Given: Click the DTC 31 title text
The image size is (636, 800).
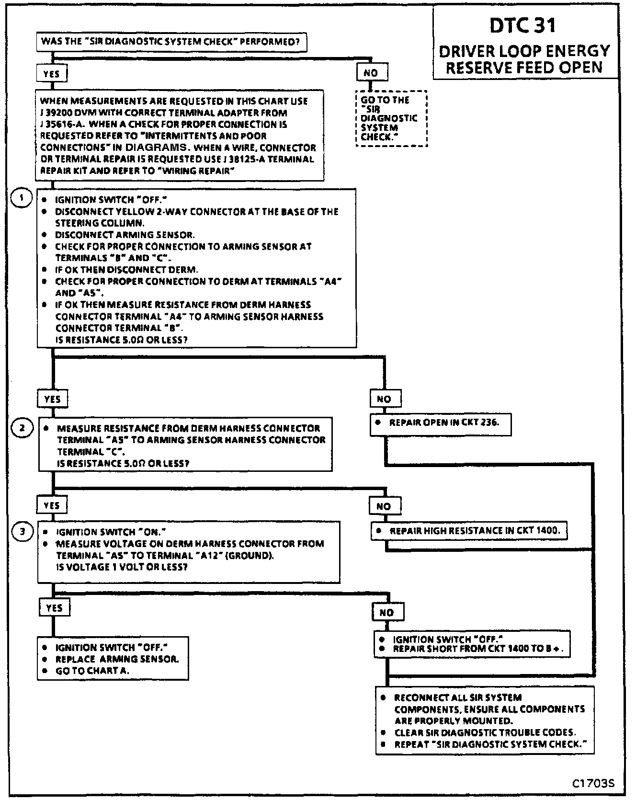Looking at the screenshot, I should pos(523,25).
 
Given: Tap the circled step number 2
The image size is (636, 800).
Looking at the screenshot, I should pos(22,428).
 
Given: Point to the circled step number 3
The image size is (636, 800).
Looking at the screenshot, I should pos(22,531).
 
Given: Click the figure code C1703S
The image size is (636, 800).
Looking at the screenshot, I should pos(593,784).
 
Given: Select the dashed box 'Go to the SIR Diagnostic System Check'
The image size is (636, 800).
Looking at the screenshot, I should pos(391,118).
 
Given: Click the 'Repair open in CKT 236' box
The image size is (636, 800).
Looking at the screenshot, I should pos(440,423).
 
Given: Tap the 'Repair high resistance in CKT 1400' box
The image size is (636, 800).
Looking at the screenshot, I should pos(469,531).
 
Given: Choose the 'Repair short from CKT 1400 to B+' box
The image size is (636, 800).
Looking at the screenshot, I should pos(473,644).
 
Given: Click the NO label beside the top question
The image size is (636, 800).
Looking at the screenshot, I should pos(371,73).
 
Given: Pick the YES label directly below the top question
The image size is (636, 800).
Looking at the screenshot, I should pos(51,74).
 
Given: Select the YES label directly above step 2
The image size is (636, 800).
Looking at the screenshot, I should pos(52,399).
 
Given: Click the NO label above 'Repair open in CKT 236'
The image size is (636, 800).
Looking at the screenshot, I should pos(384,399).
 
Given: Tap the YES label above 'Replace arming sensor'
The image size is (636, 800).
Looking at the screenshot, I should pos(54,608).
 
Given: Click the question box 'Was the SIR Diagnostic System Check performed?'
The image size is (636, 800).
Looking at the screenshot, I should pos(171,42).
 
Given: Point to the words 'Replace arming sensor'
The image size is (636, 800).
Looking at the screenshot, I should pos(117,659).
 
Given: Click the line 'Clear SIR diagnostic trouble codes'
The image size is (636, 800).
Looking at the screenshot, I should pos(485,732).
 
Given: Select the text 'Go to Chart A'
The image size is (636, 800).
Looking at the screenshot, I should pos(92,671).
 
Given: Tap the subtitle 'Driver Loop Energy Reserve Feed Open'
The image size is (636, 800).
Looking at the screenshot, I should pos(524,59).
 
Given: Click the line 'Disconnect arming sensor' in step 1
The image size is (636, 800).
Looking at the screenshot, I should pos(125,235).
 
